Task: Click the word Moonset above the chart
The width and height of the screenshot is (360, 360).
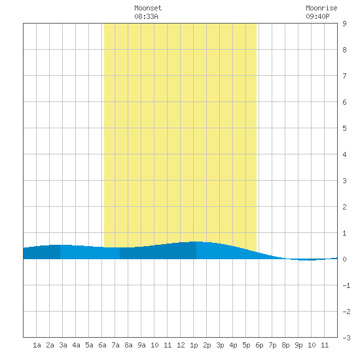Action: tap(148, 8)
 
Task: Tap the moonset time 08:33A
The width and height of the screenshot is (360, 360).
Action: tap(146, 16)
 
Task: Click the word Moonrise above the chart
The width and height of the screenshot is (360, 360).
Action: tap(321, 8)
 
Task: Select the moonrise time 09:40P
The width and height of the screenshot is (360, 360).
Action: tap(317, 16)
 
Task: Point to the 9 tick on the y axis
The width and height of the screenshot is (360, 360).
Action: tap(344, 24)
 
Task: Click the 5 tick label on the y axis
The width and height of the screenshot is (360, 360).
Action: tap(344, 128)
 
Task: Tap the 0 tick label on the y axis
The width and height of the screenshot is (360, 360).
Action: tap(344, 259)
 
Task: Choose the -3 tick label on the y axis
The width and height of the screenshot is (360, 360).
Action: tap(346, 338)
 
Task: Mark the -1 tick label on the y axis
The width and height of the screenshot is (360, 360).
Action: tap(346, 285)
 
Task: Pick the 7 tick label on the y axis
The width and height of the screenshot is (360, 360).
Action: tap(344, 76)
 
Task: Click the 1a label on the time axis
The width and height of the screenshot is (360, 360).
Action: tap(37, 345)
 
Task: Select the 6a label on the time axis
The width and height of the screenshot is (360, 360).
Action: tap(102, 345)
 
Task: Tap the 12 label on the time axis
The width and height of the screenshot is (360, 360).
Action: tap(181, 345)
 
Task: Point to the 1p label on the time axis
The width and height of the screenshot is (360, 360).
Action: tap(194, 345)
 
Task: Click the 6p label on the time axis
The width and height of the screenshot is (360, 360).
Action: tap(259, 345)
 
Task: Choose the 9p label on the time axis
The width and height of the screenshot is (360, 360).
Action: tap(298, 345)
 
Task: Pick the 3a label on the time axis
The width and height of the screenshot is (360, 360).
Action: tap(63, 345)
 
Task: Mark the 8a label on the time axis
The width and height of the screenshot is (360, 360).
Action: tap(128, 345)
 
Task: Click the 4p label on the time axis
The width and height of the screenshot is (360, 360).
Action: tap(233, 345)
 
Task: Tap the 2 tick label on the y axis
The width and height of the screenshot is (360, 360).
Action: tap(344, 207)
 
